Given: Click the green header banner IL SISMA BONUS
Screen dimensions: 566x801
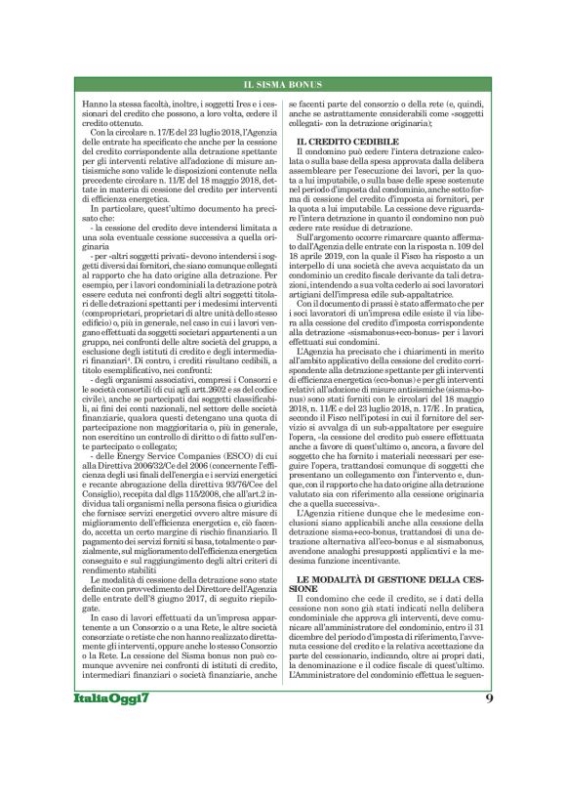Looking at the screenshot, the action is pyautogui.click(x=282, y=86).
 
